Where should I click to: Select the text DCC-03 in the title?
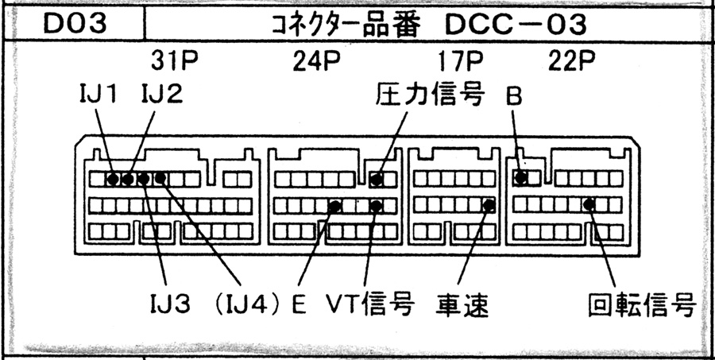pos(511,25)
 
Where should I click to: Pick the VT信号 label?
pos(370,304)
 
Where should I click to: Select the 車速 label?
pos(462,304)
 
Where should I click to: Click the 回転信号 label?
pos(643,304)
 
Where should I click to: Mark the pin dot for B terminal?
pos(521,178)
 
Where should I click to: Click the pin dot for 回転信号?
pos(589,204)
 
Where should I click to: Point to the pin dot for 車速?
pos(489,206)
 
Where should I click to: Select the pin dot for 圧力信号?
pos(377,180)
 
